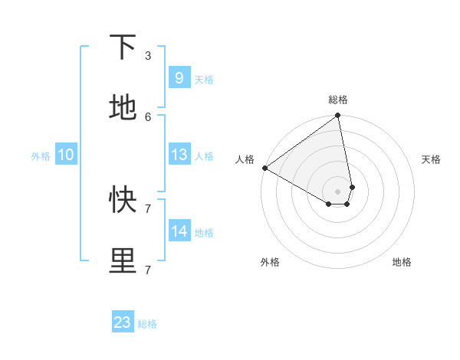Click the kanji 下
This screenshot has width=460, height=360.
123,47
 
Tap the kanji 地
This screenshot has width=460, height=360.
123,109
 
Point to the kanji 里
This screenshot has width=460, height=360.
123,261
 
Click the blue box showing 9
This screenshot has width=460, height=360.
179,78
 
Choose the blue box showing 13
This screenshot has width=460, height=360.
179,155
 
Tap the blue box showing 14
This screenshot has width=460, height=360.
179,231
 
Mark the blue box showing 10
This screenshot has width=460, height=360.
65,155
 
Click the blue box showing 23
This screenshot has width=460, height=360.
123,322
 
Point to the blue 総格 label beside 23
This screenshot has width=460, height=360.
148,324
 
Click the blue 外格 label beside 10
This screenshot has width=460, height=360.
41,156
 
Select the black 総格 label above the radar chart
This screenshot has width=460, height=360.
338,100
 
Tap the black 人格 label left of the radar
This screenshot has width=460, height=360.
245,159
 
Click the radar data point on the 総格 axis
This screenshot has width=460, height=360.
338,116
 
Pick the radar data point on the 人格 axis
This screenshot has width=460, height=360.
264,168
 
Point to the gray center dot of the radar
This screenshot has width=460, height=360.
338,191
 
